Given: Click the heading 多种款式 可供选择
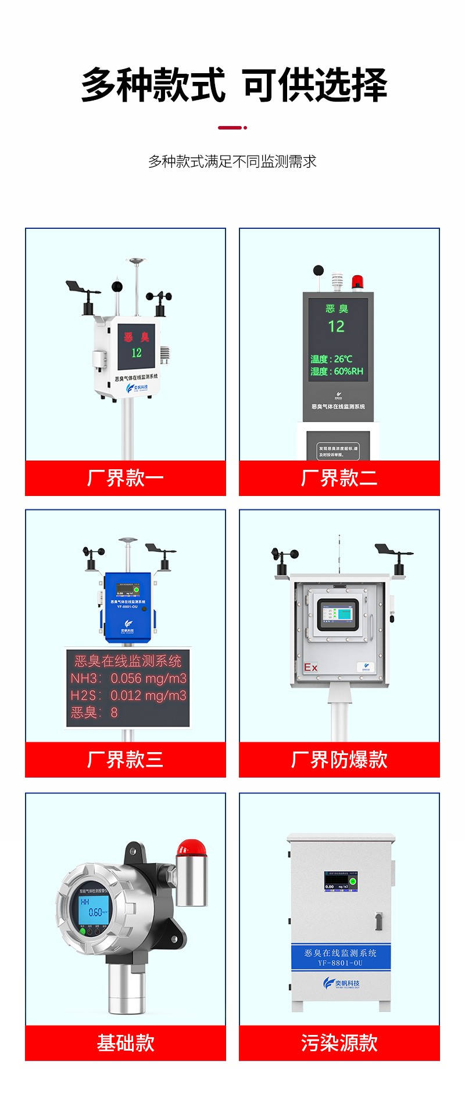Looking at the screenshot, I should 234,85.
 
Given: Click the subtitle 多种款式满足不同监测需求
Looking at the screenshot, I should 233,161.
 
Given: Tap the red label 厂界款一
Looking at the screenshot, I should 126,478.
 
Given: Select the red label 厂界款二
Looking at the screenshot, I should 339,478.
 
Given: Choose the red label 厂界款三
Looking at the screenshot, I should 126,760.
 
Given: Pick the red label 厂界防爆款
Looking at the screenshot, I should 339,760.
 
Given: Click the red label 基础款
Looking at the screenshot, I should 126,1043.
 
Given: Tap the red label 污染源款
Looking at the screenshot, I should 339,1043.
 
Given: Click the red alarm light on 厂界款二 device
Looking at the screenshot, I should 357,282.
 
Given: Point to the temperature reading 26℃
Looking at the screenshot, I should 343,359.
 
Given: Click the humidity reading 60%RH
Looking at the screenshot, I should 348,371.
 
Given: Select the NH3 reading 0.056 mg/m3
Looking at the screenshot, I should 149,678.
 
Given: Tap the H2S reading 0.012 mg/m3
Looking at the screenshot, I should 148,695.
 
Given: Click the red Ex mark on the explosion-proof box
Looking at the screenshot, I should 310,667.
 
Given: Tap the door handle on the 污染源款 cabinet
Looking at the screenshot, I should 378,921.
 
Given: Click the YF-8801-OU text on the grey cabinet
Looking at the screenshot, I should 340,963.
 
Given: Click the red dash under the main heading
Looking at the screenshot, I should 230,127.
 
